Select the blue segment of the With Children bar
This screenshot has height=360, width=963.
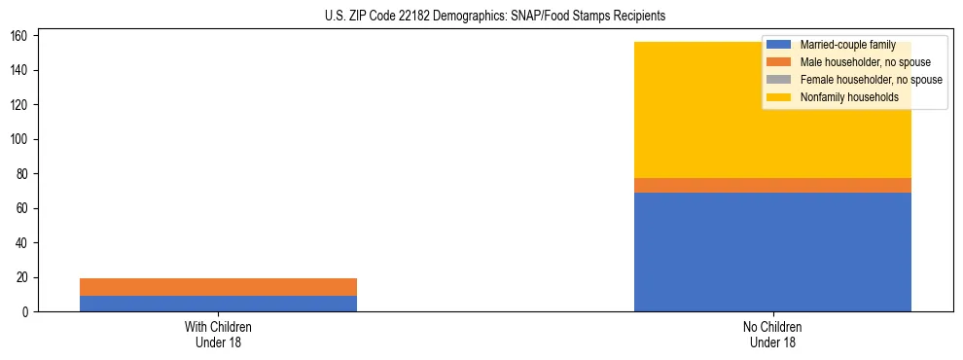pyautogui.click(x=218, y=304)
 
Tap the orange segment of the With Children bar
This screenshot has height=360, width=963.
pyautogui.click(x=218, y=287)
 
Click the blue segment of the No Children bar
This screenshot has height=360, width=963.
pyautogui.click(x=772, y=252)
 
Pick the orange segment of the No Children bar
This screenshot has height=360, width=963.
pyautogui.click(x=772, y=185)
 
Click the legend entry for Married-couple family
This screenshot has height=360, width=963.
pyautogui.click(x=847, y=45)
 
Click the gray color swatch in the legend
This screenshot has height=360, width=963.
pyautogui.click(x=779, y=80)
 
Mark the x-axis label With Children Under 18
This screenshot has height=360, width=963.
pyautogui.click(x=218, y=334)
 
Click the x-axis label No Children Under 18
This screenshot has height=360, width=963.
pyautogui.click(x=772, y=334)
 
